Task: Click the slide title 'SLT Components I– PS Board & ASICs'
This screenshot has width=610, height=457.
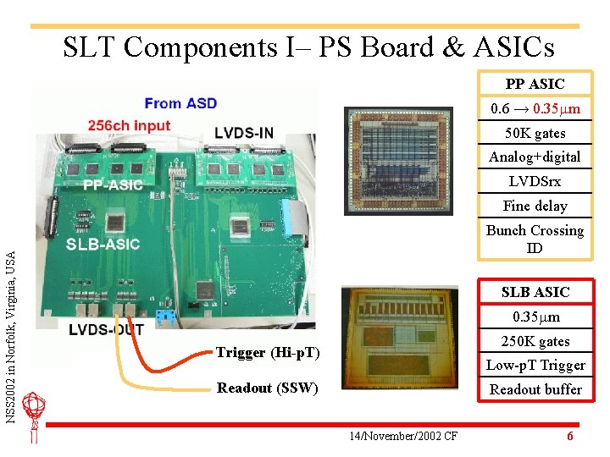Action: click(x=308, y=47)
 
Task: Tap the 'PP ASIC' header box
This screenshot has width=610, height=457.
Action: click(x=535, y=84)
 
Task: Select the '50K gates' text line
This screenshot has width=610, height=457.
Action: click(x=535, y=133)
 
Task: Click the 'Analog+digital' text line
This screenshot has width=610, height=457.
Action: click(x=535, y=157)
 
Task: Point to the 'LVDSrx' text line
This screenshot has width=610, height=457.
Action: click(x=535, y=181)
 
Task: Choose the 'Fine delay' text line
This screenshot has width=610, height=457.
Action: click(x=535, y=206)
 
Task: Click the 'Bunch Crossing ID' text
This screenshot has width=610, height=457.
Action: click(x=535, y=239)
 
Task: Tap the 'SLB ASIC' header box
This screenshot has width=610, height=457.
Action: click(x=535, y=292)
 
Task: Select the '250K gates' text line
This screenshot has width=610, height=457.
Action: click(x=535, y=341)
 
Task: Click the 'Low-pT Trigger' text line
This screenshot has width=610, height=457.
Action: click(x=535, y=365)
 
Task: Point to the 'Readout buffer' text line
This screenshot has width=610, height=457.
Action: click(x=535, y=389)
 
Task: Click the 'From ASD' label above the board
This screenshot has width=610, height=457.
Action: click(x=180, y=103)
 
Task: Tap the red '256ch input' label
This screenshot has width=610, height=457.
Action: click(x=129, y=125)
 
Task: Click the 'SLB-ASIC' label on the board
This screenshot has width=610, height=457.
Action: click(x=103, y=245)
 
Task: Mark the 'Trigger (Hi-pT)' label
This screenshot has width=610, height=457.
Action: click(x=268, y=352)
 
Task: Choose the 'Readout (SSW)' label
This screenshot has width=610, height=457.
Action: click(x=267, y=388)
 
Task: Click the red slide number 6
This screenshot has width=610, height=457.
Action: click(x=570, y=436)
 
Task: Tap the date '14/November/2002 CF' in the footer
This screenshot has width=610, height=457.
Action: click(x=403, y=436)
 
